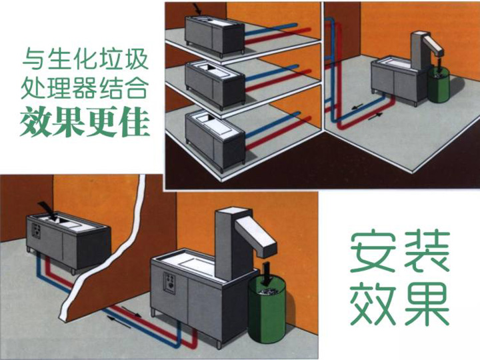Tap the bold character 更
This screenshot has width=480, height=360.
(104, 121)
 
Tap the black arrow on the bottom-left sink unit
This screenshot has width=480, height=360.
(46, 213)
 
